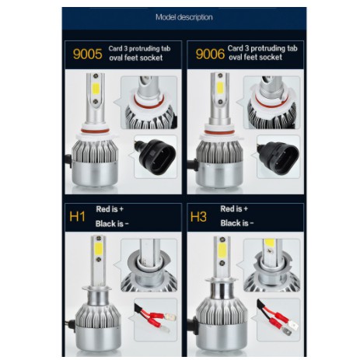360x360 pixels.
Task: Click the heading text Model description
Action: (x=184, y=17)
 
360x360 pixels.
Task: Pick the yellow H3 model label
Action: (x=199, y=217)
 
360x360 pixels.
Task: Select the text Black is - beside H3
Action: (x=236, y=223)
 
